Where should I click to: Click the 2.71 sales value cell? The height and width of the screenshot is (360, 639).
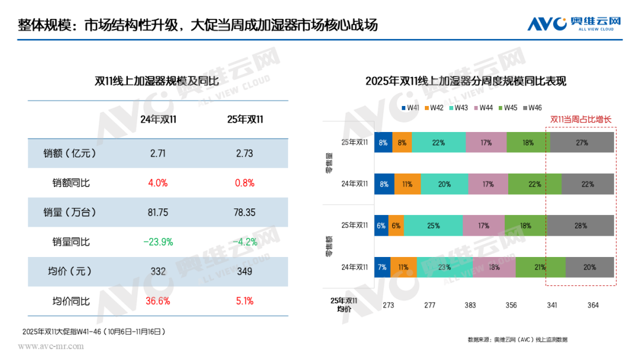pyautogui.click(x=158, y=153)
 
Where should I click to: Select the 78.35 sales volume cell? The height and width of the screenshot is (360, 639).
pyautogui.click(x=244, y=212)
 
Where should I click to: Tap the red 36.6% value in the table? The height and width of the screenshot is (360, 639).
pyautogui.click(x=158, y=301)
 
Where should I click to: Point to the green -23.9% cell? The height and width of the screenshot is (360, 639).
pyautogui.click(x=158, y=242)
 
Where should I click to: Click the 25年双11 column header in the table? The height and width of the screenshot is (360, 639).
pyautogui.click(x=245, y=120)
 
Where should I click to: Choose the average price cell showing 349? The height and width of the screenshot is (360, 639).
pyautogui.click(x=244, y=271)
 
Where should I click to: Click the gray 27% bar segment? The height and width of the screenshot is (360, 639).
pyautogui.click(x=582, y=143)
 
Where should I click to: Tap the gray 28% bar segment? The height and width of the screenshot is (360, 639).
pyautogui.click(x=580, y=226)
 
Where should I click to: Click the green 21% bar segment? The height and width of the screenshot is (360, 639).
pyautogui.click(x=540, y=267)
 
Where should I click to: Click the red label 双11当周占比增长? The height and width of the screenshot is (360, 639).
pyautogui.click(x=580, y=119)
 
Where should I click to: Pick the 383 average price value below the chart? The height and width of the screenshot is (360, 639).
pyautogui.click(x=470, y=306)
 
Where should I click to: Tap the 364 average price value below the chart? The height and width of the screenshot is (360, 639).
pyautogui.click(x=593, y=306)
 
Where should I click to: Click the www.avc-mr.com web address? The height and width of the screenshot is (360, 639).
pyautogui.click(x=51, y=346)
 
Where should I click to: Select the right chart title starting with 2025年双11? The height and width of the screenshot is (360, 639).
pyautogui.click(x=466, y=82)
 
